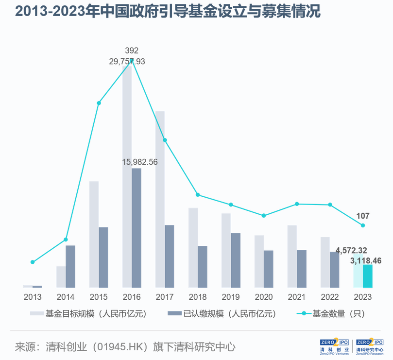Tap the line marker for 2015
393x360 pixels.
click(99, 103)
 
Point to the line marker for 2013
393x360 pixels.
click(33, 262)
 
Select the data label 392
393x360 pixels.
click(132, 51)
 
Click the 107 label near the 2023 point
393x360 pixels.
click(363, 216)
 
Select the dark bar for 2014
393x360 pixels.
click(70, 266)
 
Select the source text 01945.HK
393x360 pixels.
click(116, 347)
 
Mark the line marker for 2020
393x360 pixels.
click(264, 215)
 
